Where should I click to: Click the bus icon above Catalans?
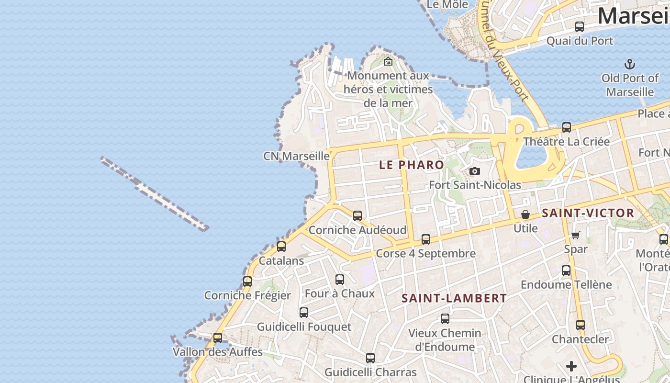[x=281, y=247]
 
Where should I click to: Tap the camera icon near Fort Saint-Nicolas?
[x=474, y=171]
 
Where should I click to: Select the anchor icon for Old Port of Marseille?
[x=630, y=64]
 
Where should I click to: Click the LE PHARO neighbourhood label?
[x=412, y=165]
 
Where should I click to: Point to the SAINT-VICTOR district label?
[x=588, y=213]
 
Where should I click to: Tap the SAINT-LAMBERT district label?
[x=454, y=298]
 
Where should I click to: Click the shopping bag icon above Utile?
[x=525, y=214]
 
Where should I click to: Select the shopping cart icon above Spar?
[x=576, y=235]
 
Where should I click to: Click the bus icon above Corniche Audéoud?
[x=357, y=216]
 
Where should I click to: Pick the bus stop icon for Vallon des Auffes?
[x=218, y=338]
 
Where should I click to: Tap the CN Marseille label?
[x=296, y=156]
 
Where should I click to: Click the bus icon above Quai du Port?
[x=580, y=27]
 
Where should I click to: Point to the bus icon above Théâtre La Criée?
[x=567, y=127]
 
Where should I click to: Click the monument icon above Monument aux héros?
[x=388, y=61]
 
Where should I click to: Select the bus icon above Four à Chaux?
[x=340, y=280]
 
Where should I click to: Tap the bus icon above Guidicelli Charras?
[x=370, y=358]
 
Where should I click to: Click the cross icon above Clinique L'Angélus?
[x=571, y=366]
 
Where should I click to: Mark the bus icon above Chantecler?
[x=581, y=325]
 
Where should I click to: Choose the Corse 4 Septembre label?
[x=426, y=253]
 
